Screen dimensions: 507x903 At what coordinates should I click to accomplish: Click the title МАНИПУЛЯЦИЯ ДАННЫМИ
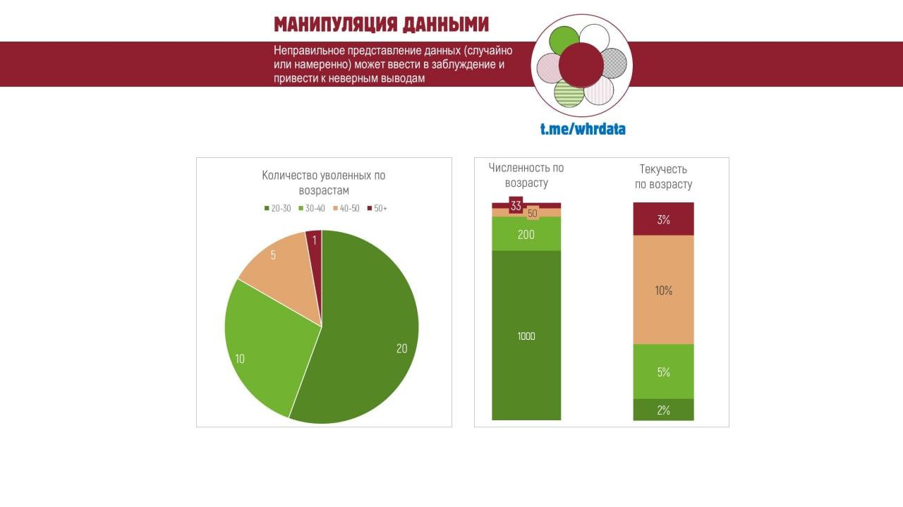[381, 25]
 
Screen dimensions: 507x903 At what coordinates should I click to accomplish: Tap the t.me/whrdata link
[583, 129]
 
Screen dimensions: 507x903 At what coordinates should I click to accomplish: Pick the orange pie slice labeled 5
[282, 264]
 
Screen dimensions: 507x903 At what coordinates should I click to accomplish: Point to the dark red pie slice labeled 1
[315, 241]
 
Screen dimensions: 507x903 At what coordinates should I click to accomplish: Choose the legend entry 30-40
[313, 208]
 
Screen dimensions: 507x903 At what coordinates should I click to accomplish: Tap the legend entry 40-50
[347, 208]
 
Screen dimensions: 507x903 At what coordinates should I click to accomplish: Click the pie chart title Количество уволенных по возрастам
[324, 183]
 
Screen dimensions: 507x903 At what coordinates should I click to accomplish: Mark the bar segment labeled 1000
[526, 336]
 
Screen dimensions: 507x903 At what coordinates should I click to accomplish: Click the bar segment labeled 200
[526, 234]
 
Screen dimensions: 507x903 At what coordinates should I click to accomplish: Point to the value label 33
[516, 206]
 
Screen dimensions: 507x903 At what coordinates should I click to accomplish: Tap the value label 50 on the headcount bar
[533, 213]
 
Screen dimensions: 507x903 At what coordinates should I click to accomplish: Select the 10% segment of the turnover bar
[663, 290]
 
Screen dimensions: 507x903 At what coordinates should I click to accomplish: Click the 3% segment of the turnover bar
[663, 219]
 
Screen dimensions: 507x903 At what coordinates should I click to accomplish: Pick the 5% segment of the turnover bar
[663, 372]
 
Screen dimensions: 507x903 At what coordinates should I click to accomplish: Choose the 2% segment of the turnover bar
[663, 410]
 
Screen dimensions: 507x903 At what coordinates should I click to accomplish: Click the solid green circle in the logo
[564, 39]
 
